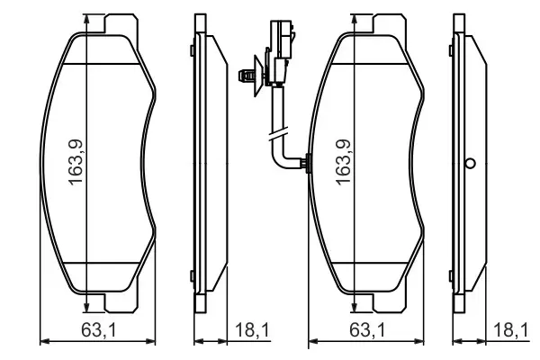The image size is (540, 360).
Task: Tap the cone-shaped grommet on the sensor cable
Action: pyautogui.click(x=254, y=77)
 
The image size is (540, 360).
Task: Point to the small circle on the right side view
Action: pyautogui.click(x=469, y=164)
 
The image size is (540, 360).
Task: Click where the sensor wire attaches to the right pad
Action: pyautogui.click(x=307, y=164)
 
